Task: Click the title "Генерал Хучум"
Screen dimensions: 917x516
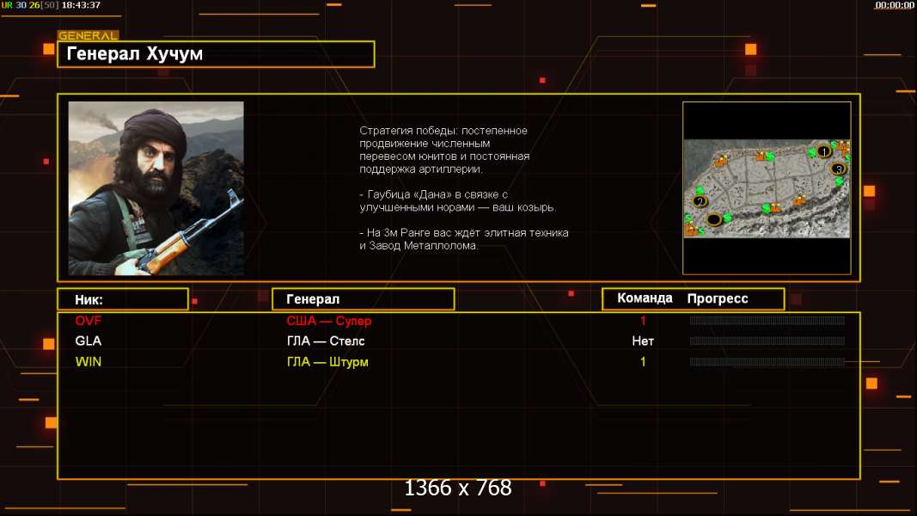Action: pyautogui.click(x=135, y=54)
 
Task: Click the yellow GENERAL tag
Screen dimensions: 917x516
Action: pyautogui.click(x=89, y=35)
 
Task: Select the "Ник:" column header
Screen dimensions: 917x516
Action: pyautogui.click(x=89, y=300)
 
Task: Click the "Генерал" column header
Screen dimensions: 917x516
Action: pyautogui.click(x=313, y=299)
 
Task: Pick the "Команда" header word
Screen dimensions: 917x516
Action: pyautogui.click(x=645, y=298)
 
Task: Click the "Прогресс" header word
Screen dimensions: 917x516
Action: pyautogui.click(x=718, y=299)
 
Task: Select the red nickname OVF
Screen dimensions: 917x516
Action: pyautogui.click(x=89, y=321)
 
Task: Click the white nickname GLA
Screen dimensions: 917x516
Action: pyautogui.click(x=89, y=341)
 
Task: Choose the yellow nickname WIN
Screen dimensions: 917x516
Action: pyautogui.click(x=89, y=362)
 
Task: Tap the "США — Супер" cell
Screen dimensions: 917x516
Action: pyautogui.click(x=328, y=321)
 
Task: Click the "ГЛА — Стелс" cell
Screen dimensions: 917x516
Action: pyautogui.click(x=326, y=341)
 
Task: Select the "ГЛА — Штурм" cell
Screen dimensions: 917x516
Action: pyautogui.click(x=327, y=362)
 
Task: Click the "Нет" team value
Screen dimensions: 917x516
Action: pyautogui.click(x=643, y=341)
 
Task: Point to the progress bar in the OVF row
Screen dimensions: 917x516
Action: pyautogui.click(x=767, y=321)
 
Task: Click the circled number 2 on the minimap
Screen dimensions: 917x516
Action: pyautogui.click(x=700, y=202)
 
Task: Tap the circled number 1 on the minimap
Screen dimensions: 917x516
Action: pyautogui.click(x=824, y=151)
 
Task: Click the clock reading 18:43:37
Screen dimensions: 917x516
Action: pyautogui.click(x=81, y=5)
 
